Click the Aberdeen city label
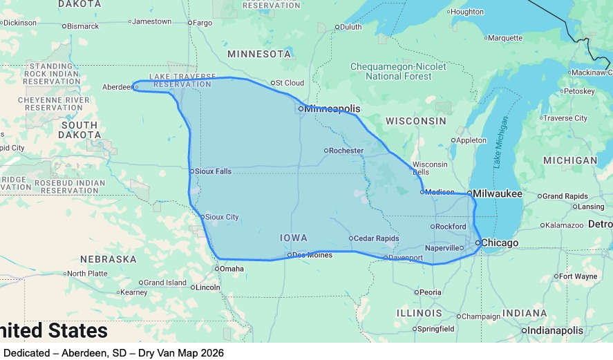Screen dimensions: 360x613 point(116,87)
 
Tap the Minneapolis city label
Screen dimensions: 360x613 point(332,108)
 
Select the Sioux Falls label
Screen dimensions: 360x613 point(214,171)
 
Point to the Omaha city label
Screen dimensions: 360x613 point(232,269)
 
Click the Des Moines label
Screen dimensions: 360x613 point(312,255)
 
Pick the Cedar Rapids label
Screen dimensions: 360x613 point(377,238)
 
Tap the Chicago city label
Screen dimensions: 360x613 point(500,243)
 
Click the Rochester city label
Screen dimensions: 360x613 point(346,151)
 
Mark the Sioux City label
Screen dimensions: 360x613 point(223,217)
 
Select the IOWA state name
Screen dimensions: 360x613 point(294,238)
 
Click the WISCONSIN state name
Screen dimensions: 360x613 point(416,121)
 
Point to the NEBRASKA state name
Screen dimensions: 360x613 point(109,259)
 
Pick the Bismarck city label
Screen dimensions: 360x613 point(83,26)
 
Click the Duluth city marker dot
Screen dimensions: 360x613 point(337,28)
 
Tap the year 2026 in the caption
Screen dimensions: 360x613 point(211,353)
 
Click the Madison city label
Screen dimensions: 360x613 point(440,192)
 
